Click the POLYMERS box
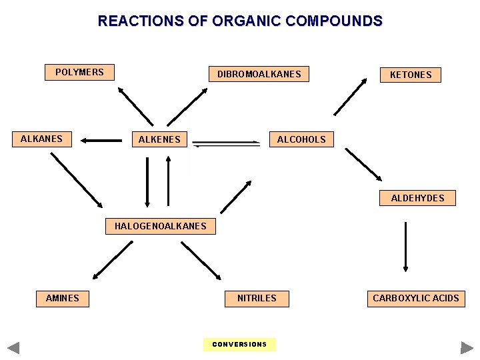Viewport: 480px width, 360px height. pos(79,72)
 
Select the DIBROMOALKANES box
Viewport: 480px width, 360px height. pos(259,74)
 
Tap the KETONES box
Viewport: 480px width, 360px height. pos(410,75)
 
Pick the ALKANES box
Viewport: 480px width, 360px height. pos(41,139)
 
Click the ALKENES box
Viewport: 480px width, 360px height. pos(159,139)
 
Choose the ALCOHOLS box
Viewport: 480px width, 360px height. pos(301,139)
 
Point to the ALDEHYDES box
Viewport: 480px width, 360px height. pos(417,198)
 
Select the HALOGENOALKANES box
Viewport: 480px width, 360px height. pos(160,226)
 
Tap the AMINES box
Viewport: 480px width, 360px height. pos(62,298)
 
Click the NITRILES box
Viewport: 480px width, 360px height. pos(257,298)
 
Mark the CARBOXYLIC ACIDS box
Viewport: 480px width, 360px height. pos(415,298)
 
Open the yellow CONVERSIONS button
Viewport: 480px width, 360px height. pos(239,344)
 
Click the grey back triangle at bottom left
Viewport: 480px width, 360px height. pos(13,347)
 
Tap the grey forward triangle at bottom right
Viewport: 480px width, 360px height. pos(467,347)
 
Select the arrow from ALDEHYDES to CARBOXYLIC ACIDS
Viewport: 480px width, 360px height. pos(405,247)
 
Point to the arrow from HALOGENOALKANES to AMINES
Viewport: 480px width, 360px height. pos(113,259)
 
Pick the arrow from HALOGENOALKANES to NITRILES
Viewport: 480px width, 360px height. pos(201,260)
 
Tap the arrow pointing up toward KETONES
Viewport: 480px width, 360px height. pos(350,97)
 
